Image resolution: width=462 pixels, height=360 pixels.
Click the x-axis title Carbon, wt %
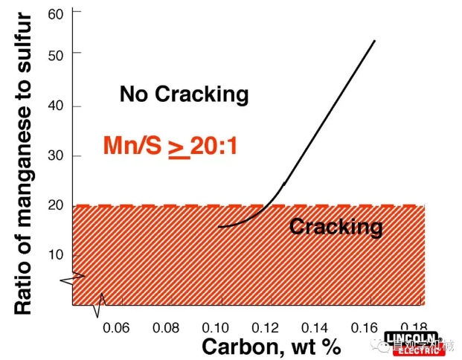[271, 346]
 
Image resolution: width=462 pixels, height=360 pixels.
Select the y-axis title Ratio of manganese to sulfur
[24, 159]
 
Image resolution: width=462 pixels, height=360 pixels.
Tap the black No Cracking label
[184, 94]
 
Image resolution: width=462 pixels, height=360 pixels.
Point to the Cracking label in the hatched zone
[336, 226]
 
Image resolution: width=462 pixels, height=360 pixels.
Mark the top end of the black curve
[374, 40]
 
